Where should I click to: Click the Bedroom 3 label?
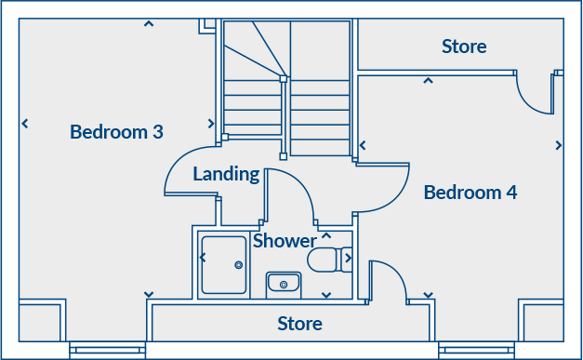point(116,132)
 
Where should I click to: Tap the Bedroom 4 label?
point(470,193)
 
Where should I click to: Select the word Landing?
point(226,173)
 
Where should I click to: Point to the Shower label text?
point(285,241)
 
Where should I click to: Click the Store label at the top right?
point(464,47)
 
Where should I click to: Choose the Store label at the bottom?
point(300,324)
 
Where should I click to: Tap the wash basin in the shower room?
point(282,281)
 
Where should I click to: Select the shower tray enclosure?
point(223,264)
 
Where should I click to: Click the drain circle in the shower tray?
point(239,265)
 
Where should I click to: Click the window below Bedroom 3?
point(107,351)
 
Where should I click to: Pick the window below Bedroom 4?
point(476,351)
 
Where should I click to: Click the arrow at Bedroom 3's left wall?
point(24,123)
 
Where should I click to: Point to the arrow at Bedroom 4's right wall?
point(559,145)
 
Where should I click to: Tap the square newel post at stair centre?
point(283,79)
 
